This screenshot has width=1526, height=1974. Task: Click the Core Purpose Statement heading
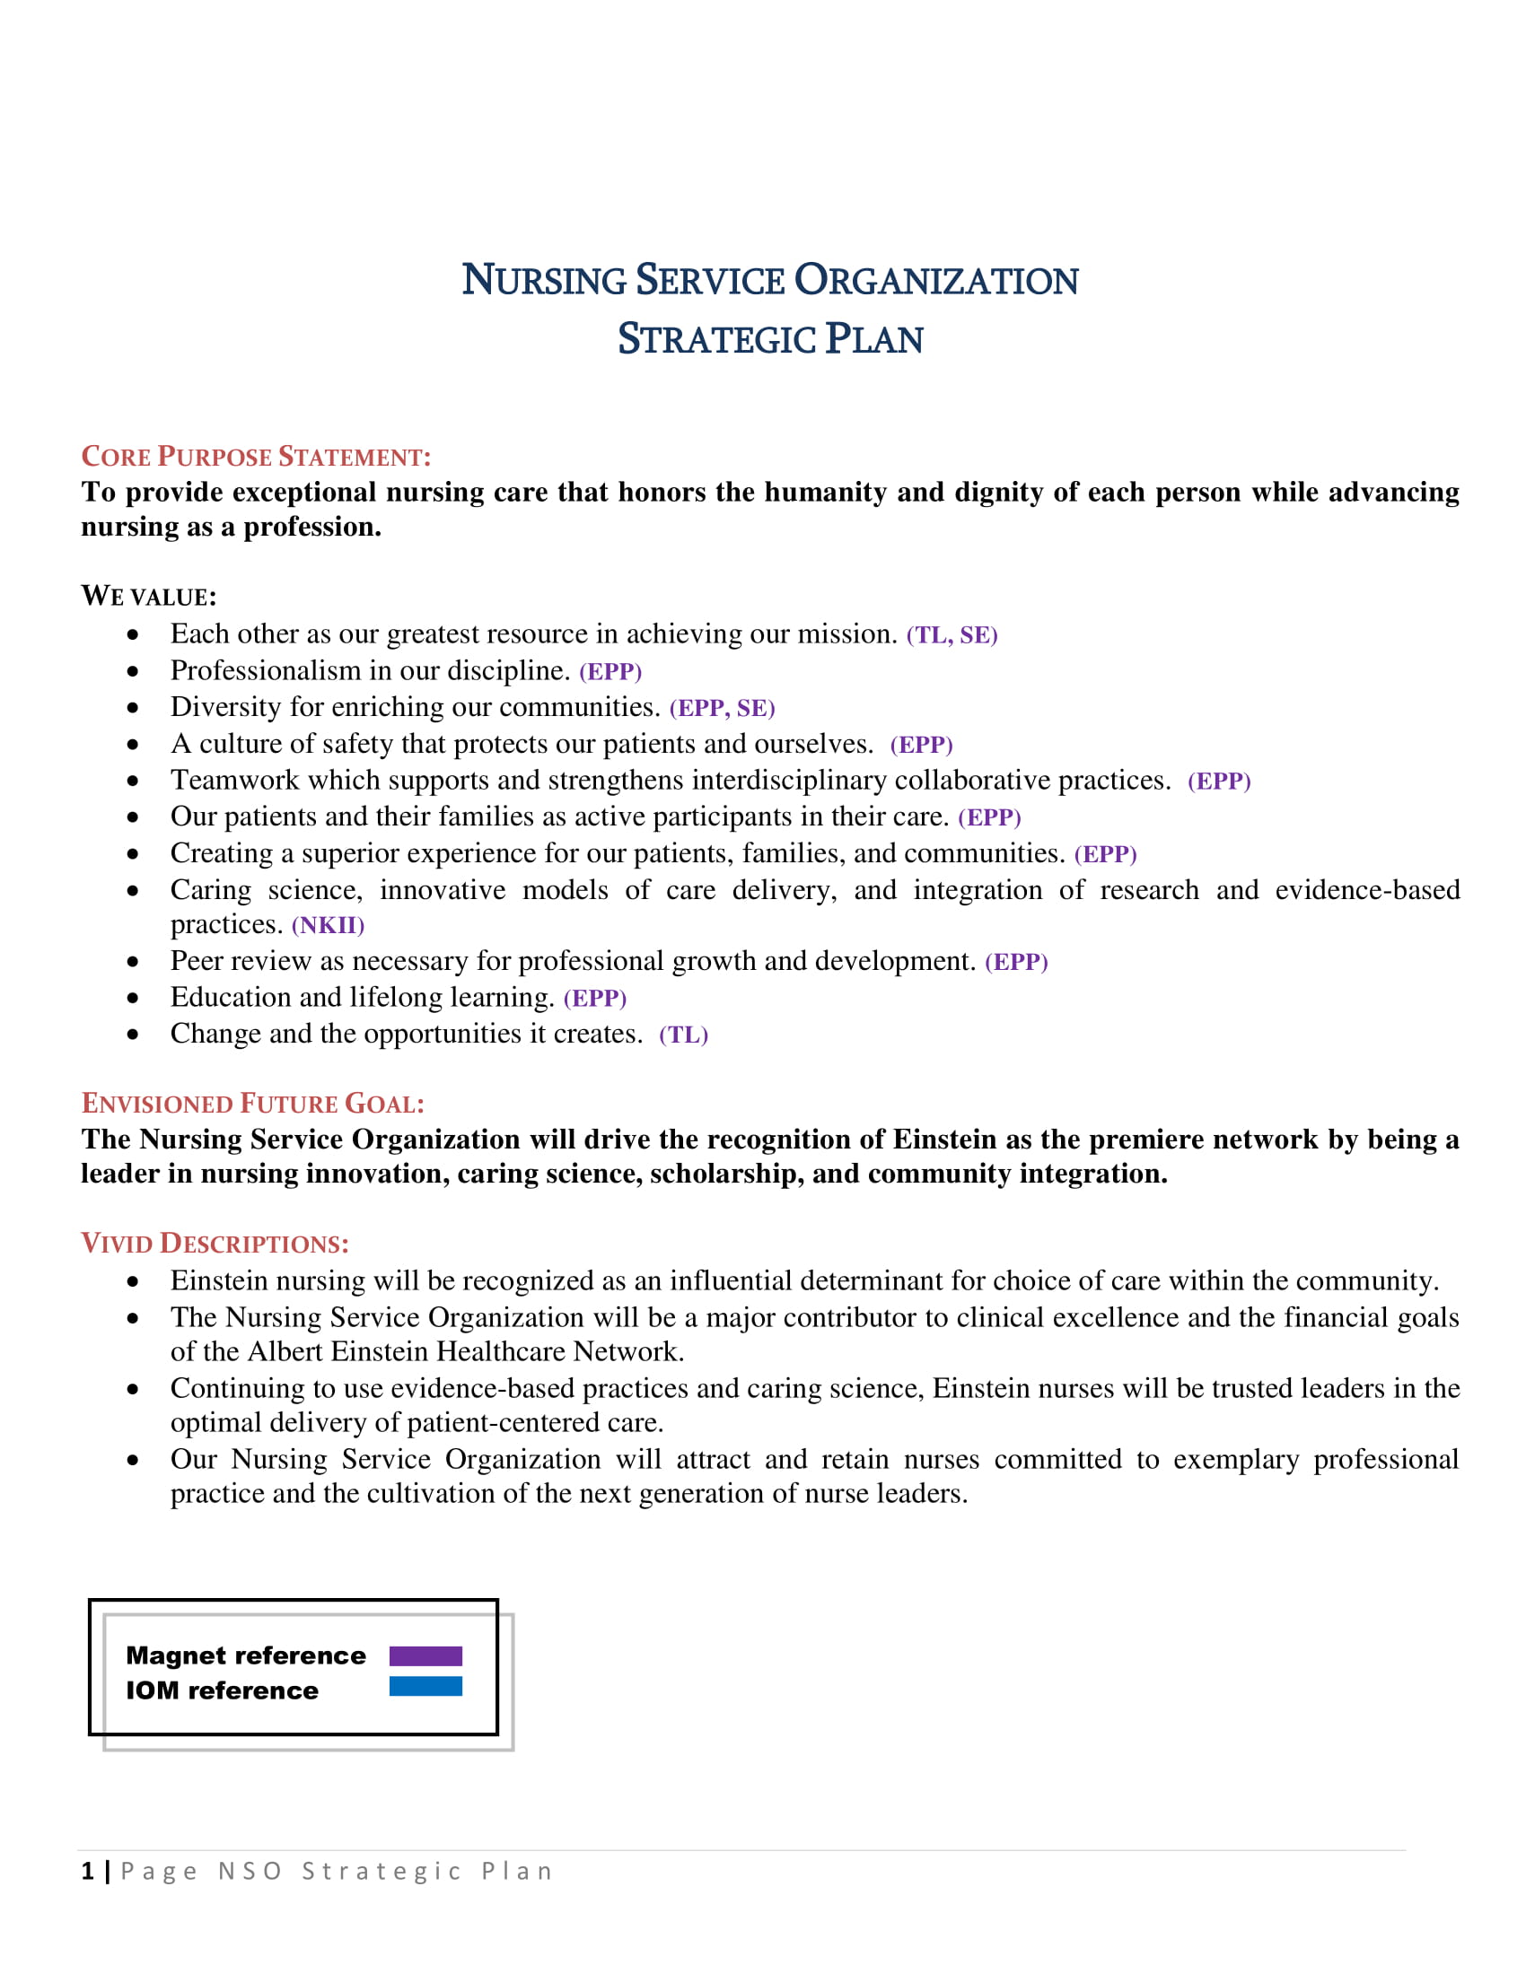(x=256, y=457)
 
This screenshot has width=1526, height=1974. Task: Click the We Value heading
(x=149, y=597)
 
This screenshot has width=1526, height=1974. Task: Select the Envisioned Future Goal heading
(x=252, y=1104)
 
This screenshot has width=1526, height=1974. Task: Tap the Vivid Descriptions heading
(x=215, y=1244)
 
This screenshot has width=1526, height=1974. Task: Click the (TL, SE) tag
(x=951, y=635)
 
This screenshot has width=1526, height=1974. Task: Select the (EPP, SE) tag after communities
(x=722, y=709)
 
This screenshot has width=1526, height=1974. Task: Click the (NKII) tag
(x=328, y=926)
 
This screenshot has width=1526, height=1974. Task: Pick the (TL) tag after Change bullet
(x=683, y=1035)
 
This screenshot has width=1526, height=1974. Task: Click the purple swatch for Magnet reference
(x=425, y=1655)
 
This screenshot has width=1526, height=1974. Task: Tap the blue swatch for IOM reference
(x=425, y=1687)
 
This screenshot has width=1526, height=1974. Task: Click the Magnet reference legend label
(x=246, y=1655)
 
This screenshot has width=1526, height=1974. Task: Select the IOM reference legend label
(x=223, y=1691)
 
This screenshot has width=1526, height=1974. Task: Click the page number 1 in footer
(x=88, y=1872)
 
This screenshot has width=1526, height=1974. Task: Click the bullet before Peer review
(x=133, y=962)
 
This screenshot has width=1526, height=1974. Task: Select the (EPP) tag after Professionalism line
(x=610, y=671)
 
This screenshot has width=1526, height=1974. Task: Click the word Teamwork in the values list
(x=235, y=780)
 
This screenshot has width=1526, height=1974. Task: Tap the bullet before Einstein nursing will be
(x=133, y=1281)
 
